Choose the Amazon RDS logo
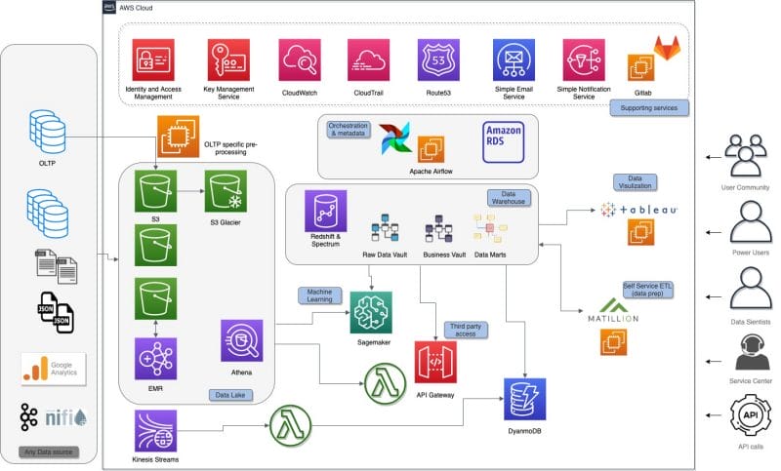pyautogui.click(x=503, y=139)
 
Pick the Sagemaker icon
pyautogui.click(x=371, y=310)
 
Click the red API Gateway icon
pyautogui.click(x=434, y=362)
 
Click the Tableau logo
pyautogui.click(x=639, y=209)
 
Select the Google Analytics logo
pyautogui.click(x=54, y=369)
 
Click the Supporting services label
pyautogui.click(x=648, y=106)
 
